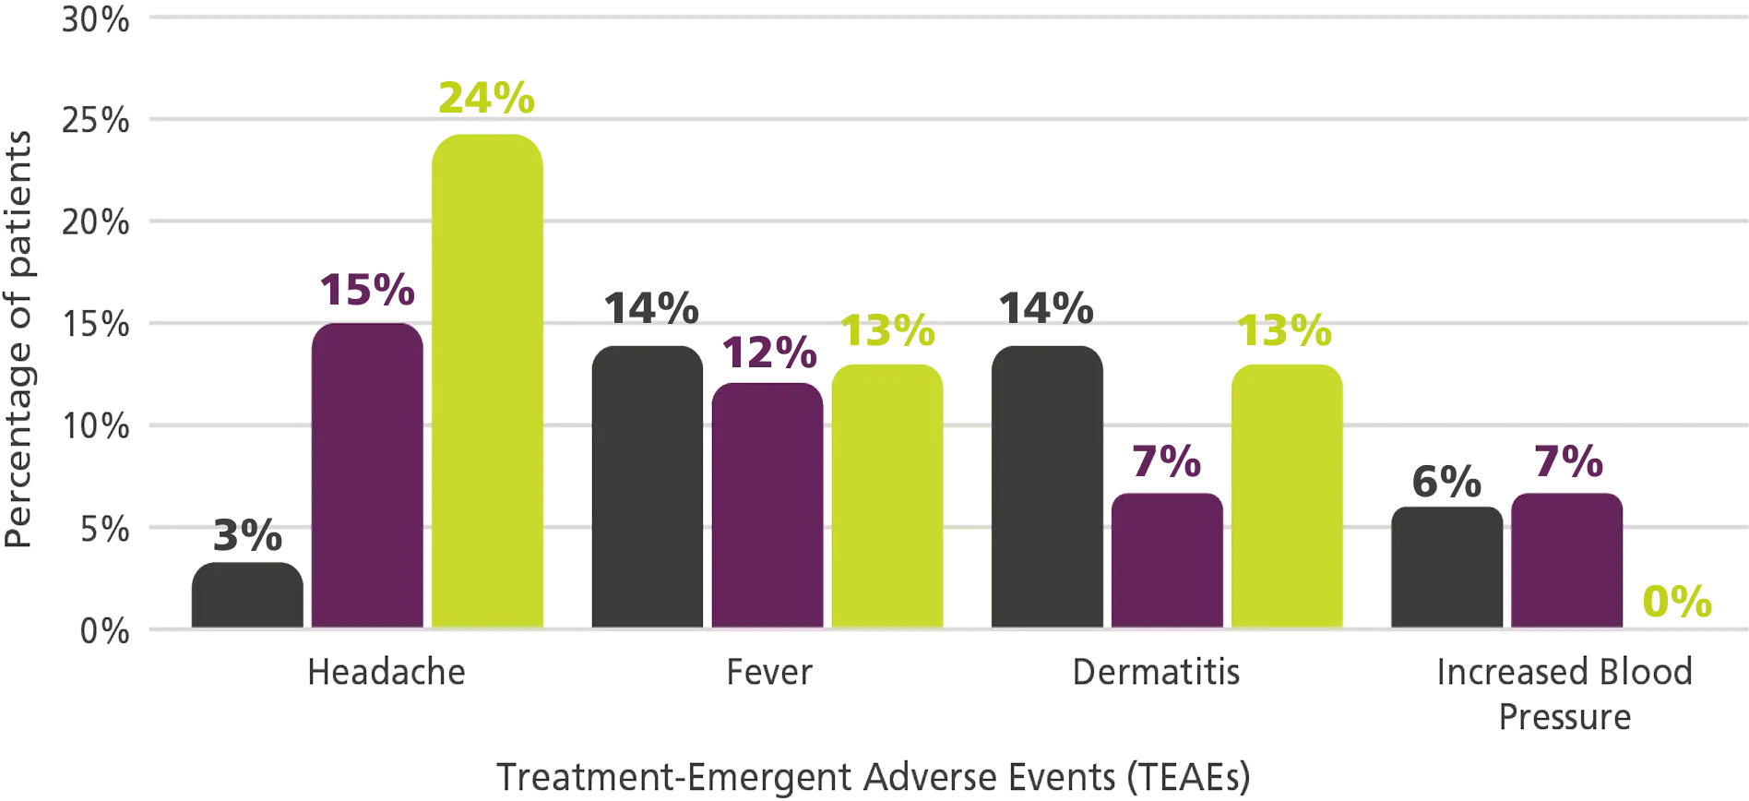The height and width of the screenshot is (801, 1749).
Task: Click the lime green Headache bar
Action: [488, 380]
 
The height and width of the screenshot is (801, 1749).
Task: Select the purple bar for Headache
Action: [367, 475]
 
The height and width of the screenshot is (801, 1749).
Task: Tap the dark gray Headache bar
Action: [246, 595]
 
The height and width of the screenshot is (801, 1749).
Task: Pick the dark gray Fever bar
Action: [648, 485]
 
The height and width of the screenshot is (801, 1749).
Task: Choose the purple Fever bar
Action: [767, 505]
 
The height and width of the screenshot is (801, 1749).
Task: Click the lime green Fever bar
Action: [886, 496]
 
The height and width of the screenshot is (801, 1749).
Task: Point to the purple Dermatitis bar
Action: [1167, 559]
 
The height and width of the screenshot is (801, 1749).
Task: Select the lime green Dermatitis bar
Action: [1287, 496]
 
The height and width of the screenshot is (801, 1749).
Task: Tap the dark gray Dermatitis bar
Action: [1047, 485]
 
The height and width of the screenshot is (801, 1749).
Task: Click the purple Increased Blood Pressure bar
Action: [1566, 559]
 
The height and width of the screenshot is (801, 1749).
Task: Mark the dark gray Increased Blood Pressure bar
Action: [1446, 566]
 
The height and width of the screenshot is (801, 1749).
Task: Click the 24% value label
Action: [486, 98]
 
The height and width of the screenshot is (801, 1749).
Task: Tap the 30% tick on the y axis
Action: [95, 19]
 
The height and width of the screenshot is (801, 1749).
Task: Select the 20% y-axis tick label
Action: [95, 222]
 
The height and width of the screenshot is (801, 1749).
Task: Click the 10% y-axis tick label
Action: [95, 428]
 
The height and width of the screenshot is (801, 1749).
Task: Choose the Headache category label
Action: [386, 672]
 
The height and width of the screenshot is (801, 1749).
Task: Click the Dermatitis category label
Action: [1155, 672]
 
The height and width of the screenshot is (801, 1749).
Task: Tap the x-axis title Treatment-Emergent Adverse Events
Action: [874, 777]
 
